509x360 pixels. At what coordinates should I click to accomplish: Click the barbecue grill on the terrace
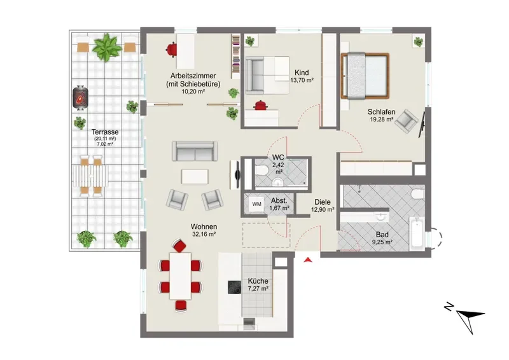tap(81, 98)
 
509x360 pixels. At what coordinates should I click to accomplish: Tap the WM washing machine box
tap(257, 204)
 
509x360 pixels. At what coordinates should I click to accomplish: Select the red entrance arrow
tap(307, 260)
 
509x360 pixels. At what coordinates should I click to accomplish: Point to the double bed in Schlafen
tap(365, 76)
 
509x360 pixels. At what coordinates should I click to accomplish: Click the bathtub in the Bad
tap(417, 234)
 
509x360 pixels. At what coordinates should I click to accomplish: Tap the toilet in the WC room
tap(261, 169)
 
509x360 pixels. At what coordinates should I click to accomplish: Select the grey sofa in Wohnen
tap(195, 151)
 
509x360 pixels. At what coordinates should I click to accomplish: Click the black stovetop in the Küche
tap(234, 287)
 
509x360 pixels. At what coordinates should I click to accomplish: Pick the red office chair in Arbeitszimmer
tap(171, 50)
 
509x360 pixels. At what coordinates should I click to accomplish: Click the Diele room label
tap(323, 202)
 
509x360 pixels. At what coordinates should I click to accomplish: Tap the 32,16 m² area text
tap(204, 234)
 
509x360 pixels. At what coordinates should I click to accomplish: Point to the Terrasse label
tap(105, 132)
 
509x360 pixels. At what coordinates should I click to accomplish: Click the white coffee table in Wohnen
tap(195, 177)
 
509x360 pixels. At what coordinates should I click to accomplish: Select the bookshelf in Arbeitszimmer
tap(235, 56)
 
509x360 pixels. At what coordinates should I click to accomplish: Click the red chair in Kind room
tap(260, 106)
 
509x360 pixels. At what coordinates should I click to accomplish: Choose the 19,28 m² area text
tap(382, 119)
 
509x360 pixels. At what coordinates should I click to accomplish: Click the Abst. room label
tap(279, 200)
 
